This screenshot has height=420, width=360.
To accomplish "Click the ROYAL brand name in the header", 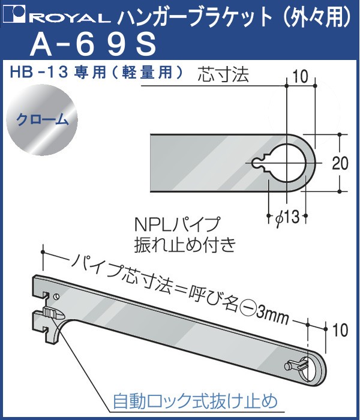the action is coord(72,18).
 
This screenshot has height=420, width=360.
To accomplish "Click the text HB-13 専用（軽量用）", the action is coord(97,73).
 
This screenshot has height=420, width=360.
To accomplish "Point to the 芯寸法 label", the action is coord(223,74).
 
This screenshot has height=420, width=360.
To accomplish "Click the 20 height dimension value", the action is coord(340,163).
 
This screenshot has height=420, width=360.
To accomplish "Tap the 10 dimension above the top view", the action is coord(300,77).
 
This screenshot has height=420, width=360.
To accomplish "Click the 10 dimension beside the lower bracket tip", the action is coord(340,330).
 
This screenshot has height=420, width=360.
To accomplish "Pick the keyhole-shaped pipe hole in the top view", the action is coord(283,163).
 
